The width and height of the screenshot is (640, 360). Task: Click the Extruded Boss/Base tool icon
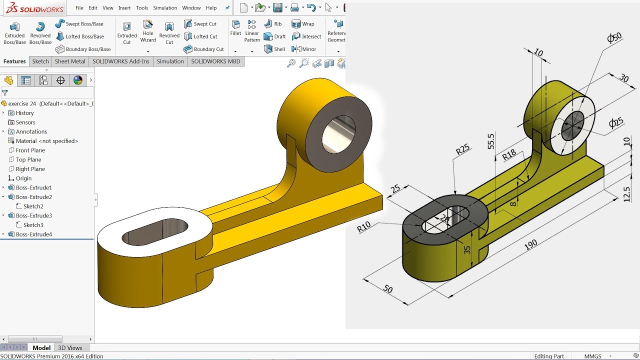pos(14,27)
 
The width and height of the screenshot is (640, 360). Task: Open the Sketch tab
pos(40,61)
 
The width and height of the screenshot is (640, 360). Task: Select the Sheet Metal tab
pos(70,61)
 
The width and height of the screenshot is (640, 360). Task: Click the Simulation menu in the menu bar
pos(165,8)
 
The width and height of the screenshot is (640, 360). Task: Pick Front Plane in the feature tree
pos(30,150)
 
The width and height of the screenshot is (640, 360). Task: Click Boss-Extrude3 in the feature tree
pos(33,215)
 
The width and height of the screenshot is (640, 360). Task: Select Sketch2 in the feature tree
pos(33,206)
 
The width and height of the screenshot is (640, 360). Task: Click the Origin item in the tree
pos(23,178)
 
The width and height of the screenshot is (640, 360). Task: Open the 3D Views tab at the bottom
pos(70,348)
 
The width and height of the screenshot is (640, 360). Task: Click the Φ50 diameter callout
pos(614,37)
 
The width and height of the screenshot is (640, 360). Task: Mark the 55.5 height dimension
pos(490,141)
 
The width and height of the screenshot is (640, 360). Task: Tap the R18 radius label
pos(508,155)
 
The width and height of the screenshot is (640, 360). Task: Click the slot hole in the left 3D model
pos(155,231)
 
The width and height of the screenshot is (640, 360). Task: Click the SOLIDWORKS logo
pos(32,8)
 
